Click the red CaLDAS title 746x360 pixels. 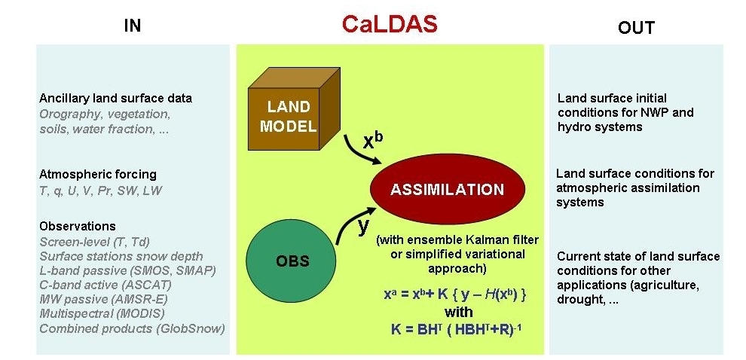coord(389,25)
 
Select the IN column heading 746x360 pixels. coord(133,26)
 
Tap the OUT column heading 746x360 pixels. coord(636,28)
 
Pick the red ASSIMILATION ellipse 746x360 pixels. coord(447,189)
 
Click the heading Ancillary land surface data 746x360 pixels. coord(115,98)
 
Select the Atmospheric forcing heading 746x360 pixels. coord(98,175)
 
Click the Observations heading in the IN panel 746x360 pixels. coord(78,226)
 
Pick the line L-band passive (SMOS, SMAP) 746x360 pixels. coord(127,270)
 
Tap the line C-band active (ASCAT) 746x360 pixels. coord(105,285)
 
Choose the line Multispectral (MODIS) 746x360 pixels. coord(102,313)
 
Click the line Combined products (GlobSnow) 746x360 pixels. coord(132,328)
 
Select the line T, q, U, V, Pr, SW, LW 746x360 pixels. coord(100,191)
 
